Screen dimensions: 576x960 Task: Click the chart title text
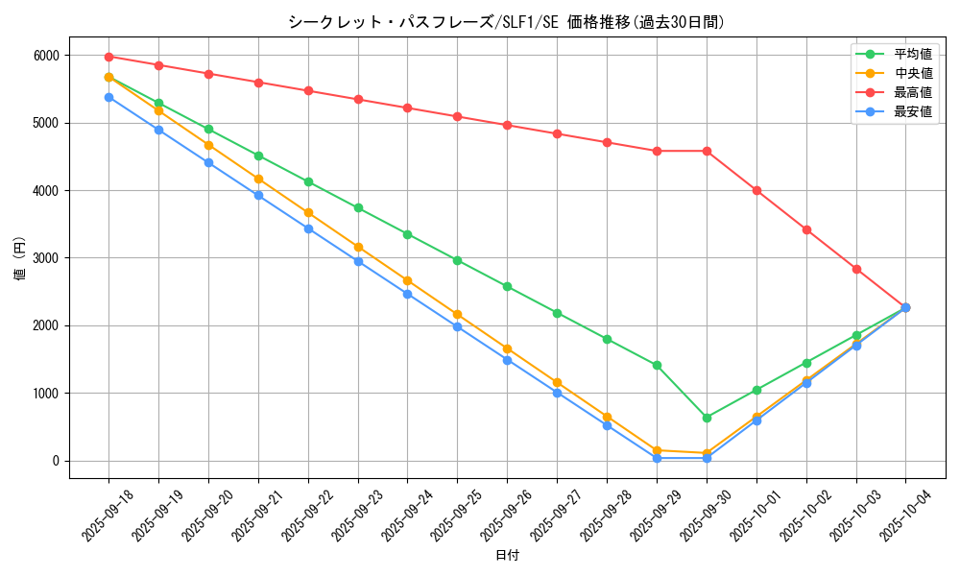pos(506,22)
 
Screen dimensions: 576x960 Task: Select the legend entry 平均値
pos(913,55)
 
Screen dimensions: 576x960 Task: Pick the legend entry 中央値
pos(913,73)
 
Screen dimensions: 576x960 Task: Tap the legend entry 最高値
pos(913,92)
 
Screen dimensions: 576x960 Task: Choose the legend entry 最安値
pos(913,111)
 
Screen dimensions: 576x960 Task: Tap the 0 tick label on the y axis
pos(57,461)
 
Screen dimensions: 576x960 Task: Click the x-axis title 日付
pos(506,556)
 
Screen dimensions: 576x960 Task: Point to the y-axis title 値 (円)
pos(19,259)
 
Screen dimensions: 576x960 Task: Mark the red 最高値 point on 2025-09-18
pos(108,57)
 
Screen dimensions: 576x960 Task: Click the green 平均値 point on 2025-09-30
pos(707,418)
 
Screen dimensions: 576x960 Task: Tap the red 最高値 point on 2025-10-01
pos(756,190)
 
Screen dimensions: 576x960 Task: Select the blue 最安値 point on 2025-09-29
pos(657,458)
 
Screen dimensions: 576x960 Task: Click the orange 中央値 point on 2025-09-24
pos(407,280)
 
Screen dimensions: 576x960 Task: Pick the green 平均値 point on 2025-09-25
pos(457,260)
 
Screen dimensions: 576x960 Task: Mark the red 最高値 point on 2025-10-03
pos(856,269)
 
